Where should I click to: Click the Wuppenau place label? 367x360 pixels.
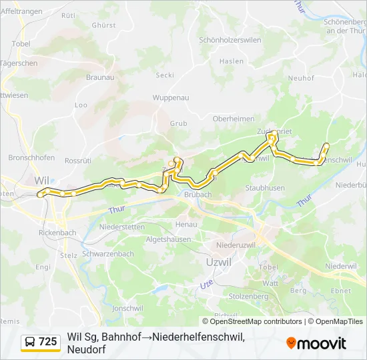[x=171, y=97]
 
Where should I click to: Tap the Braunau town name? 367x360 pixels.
[x=101, y=77]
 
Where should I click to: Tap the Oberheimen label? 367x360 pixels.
[x=233, y=118]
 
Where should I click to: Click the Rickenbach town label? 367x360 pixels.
[x=59, y=233]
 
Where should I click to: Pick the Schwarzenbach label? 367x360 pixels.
[x=108, y=254]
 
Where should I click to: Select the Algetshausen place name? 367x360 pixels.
[x=169, y=238]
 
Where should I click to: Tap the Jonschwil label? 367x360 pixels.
[x=128, y=309]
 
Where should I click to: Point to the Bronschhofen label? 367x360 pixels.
[x=31, y=158]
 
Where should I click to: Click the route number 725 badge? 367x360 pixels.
[x=48, y=342]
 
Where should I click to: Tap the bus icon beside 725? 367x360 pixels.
[x=30, y=343]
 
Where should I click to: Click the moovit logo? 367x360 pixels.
[x=316, y=343]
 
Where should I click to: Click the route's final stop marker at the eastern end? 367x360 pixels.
[x=326, y=145]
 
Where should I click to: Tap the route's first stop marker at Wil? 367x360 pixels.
[x=41, y=195]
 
